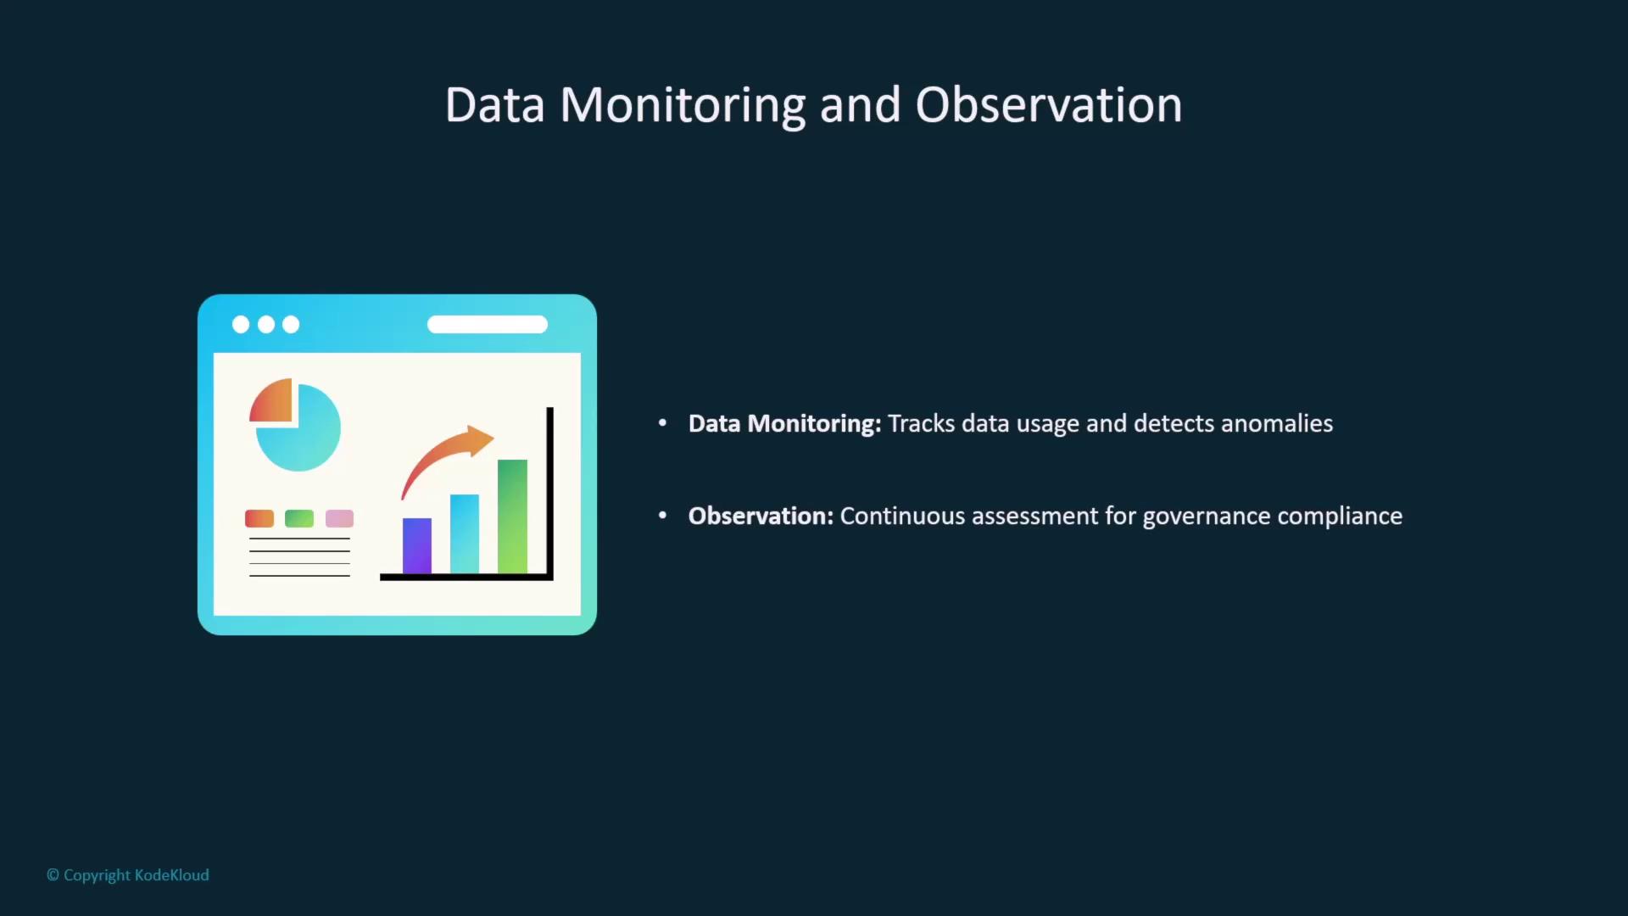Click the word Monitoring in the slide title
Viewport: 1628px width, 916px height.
[683, 106]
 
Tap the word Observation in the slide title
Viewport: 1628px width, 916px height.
[1048, 105]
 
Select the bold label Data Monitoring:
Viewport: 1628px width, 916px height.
[784, 424]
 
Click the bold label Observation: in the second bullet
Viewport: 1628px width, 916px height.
[761, 516]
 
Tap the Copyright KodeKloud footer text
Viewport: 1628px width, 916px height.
[128, 875]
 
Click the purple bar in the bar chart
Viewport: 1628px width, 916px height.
[417, 545]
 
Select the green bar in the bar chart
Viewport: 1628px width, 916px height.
[512, 517]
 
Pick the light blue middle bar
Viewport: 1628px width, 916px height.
[465, 534]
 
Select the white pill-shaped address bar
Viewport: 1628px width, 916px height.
[488, 324]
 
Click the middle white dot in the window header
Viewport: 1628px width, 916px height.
[266, 324]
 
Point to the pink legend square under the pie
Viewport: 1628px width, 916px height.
[339, 518]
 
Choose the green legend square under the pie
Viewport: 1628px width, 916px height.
[299, 518]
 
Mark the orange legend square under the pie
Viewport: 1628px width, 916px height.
[259, 518]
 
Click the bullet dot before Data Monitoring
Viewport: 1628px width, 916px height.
[662, 422]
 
